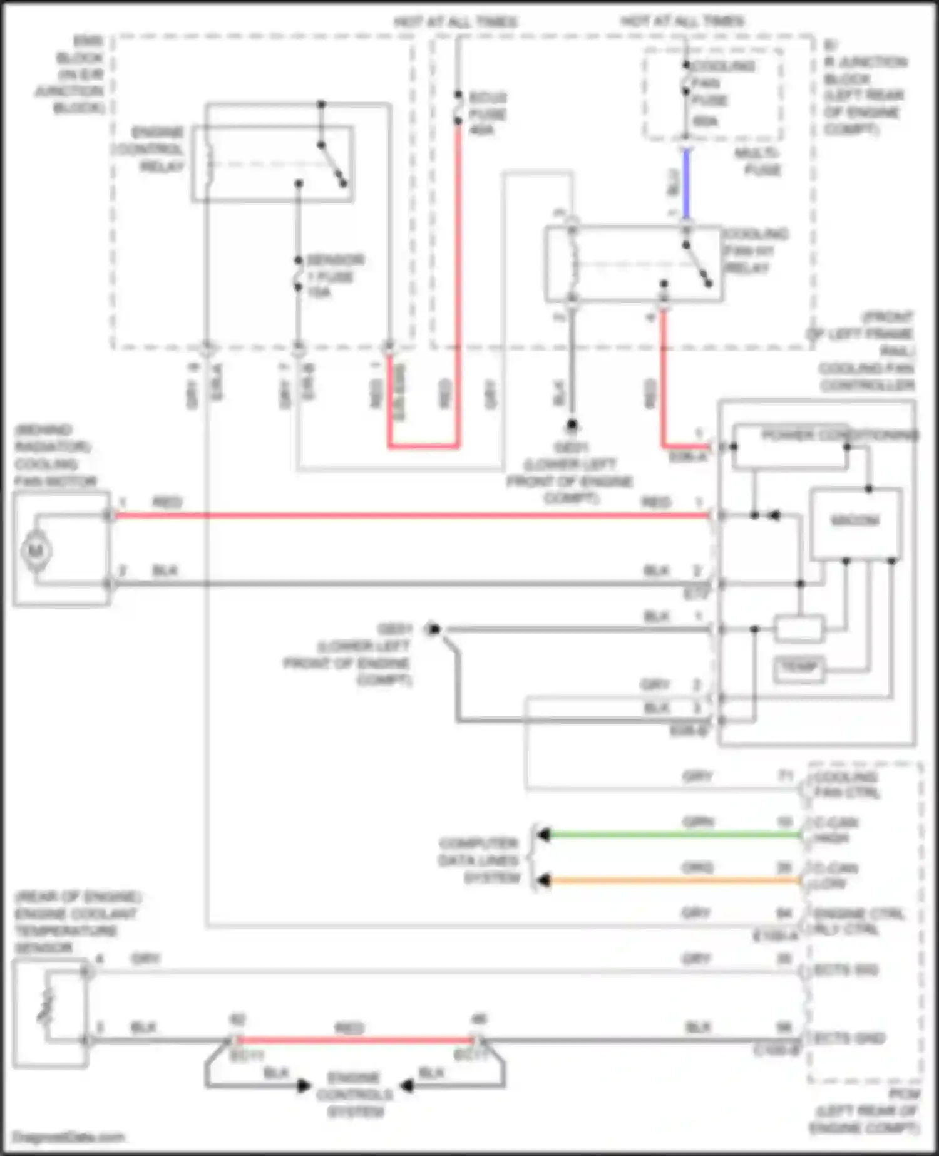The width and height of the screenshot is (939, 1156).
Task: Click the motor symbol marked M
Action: (36, 551)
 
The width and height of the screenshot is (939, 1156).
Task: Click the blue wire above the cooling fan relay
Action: (686, 185)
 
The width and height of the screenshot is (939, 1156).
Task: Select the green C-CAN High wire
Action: (670, 835)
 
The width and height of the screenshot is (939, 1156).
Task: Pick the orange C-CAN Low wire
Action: (670, 880)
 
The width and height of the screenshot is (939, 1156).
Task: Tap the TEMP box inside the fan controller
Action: (799, 668)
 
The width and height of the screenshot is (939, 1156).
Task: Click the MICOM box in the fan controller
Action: (855, 521)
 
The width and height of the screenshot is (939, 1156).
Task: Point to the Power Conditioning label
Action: (839, 435)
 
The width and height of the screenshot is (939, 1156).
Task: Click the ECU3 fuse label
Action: (487, 114)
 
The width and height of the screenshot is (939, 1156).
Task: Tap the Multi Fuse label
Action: (757, 162)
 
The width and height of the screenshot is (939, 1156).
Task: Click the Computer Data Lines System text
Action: (479, 860)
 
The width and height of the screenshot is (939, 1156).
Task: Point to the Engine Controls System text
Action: (355, 1095)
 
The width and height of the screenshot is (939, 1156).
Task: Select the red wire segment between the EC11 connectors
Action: (354, 1040)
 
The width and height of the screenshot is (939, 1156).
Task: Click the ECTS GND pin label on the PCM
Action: (849, 1038)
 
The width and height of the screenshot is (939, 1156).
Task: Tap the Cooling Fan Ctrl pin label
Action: (846, 785)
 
